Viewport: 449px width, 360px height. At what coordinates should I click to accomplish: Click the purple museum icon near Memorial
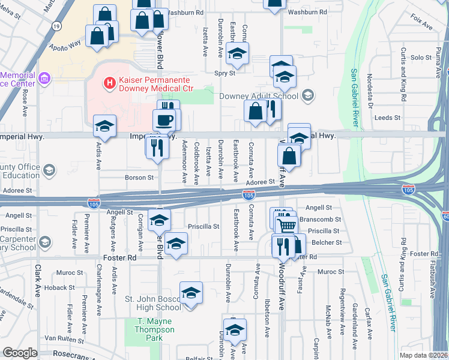(x=44, y=78)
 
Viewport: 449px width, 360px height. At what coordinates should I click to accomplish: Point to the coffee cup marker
(x=165, y=120)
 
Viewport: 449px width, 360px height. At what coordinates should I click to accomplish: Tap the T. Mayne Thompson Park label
(x=154, y=329)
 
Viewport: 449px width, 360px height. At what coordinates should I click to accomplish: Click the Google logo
(x=20, y=353)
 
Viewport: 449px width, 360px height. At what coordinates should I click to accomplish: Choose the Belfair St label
(x=199, y=356)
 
